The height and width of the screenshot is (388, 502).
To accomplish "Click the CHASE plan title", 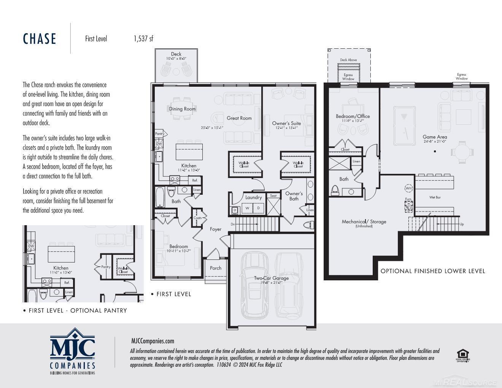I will [40, 39].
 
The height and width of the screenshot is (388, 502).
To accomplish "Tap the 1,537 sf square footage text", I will [143, 38].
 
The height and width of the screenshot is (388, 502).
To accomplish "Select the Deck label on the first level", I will [176, 54].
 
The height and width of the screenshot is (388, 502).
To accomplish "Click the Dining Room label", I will [182, 109].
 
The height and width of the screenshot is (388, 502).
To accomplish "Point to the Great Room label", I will [239, 118].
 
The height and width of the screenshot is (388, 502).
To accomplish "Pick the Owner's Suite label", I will [286, 123].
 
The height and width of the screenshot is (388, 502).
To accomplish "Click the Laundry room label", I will [253, 197].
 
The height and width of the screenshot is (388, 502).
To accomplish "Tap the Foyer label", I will [216, 229].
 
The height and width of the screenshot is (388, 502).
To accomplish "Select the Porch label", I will [216, 268].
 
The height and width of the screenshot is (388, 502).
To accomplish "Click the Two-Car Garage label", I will [271, 278].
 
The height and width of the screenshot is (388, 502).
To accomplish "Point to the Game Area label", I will [435, 137].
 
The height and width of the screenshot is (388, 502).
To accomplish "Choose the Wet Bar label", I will [435, 197].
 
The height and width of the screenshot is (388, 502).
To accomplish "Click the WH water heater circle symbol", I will [408, 188].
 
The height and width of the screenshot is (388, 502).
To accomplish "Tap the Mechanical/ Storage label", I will [364, 221].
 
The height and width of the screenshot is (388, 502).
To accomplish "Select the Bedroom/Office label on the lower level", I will [353, 116].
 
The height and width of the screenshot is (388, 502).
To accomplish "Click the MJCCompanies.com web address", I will [153, 341].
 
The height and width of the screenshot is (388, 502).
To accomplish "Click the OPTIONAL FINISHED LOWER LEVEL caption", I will [433, 271].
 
